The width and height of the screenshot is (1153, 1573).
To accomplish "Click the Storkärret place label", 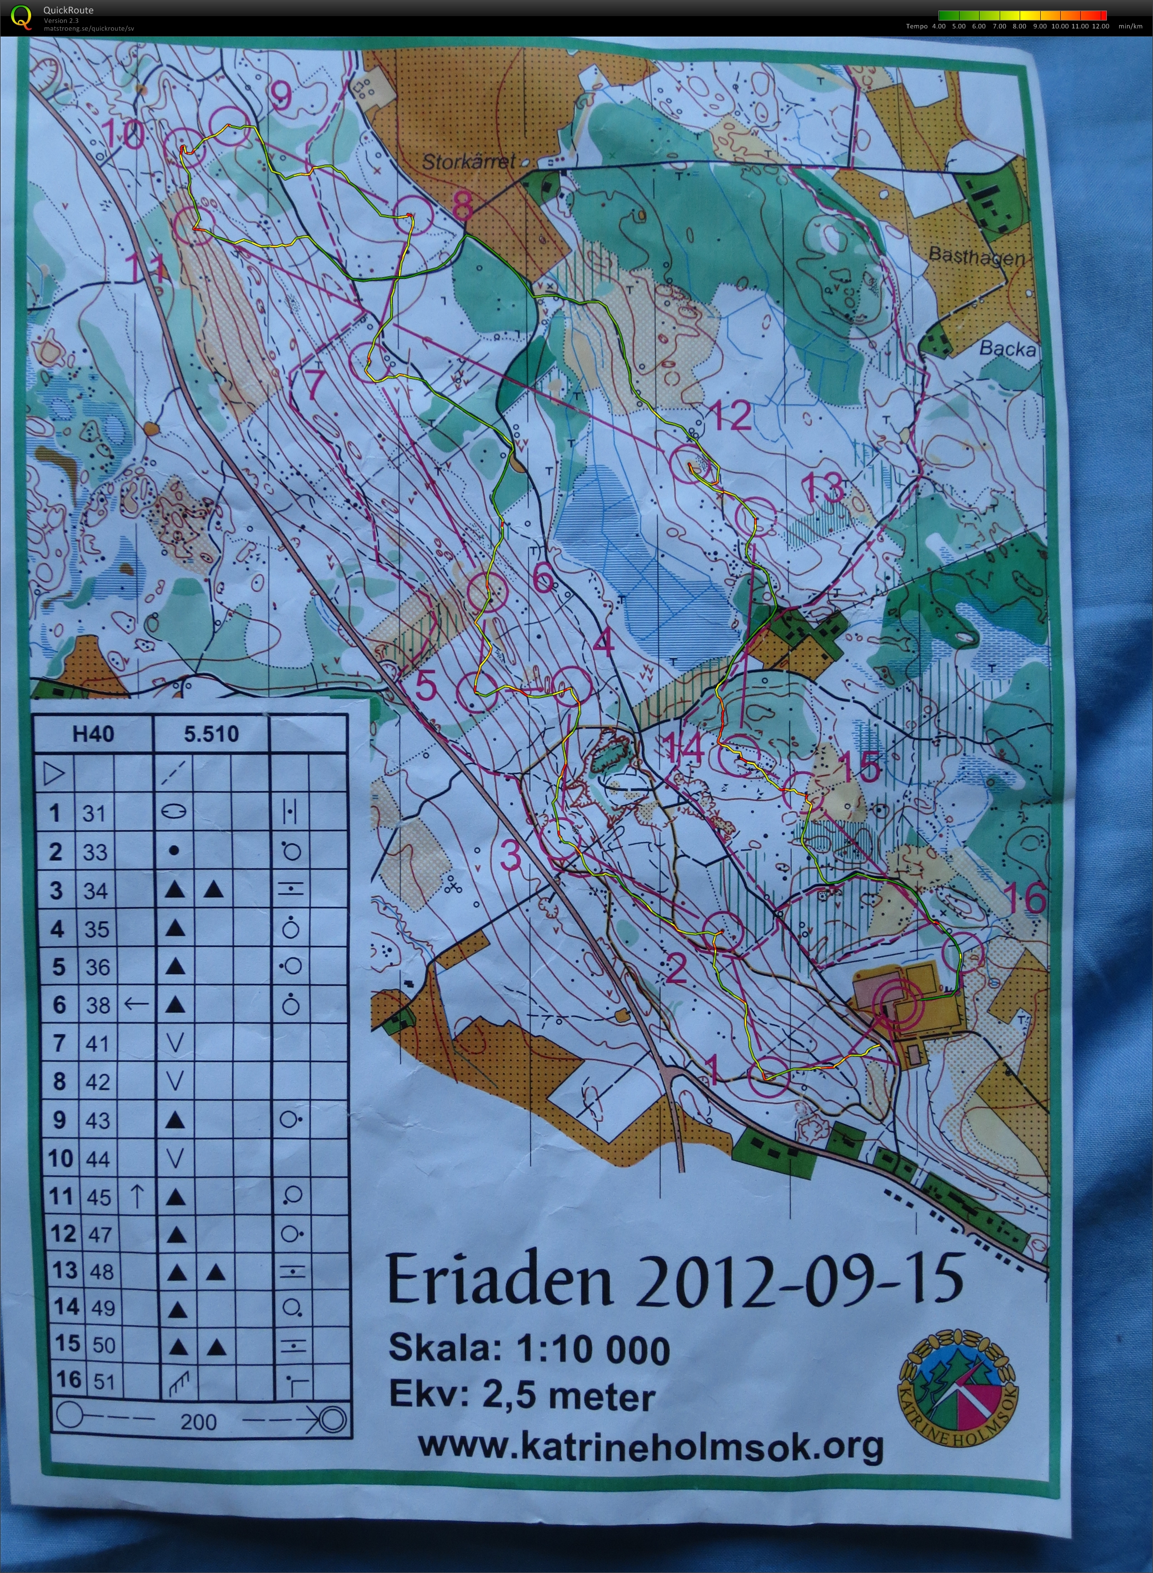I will click(x=468, y=162).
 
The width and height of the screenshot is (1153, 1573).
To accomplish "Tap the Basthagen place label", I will click(x=976, y=256).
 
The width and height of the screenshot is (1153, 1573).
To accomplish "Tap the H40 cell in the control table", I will click(x=93, y=734).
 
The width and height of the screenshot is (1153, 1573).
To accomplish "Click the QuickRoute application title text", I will click(x=68, y=10).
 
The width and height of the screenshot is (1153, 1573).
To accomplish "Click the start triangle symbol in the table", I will click(x=54, y=773).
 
